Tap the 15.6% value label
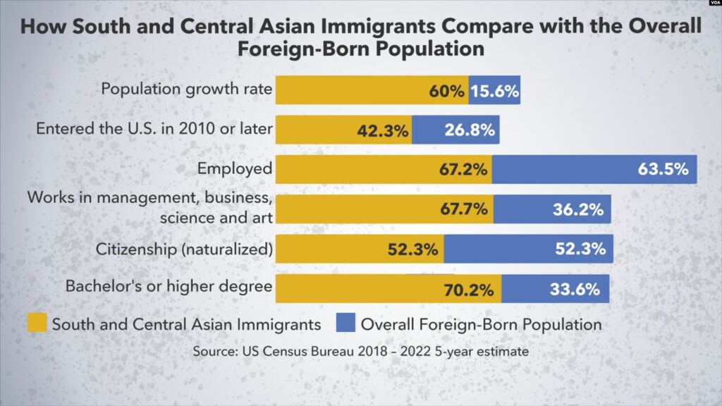(x=495, y=91)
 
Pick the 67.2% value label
(x=463, y=170)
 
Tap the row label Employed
(x=235, y=169)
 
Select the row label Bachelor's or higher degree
(x=169, y=287)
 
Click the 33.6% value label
(x=574, y=289)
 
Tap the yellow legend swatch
(x=37, y=324)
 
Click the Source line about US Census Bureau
(x=360, y=351)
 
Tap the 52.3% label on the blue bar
(x=580, y=249)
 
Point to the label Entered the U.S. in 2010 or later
(x=154, y=130)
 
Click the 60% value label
(x=446, y=91)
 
